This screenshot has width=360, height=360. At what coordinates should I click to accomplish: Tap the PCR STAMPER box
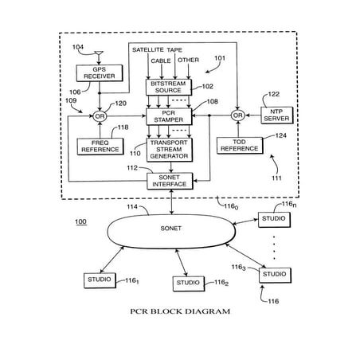pos(166,118)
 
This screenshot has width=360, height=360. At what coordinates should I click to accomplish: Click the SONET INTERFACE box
pos(170,180)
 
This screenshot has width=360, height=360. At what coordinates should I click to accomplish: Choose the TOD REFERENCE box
pos(237,146)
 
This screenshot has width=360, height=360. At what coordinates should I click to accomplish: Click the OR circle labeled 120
pos(100,116)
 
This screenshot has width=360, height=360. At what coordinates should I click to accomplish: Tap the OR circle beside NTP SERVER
pos(237,116)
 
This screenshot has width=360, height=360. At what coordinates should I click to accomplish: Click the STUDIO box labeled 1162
pos(190,283)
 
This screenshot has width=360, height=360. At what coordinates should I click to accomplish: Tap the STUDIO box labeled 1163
pos(273,274)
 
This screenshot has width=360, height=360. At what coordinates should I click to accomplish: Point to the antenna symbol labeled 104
pos(96,56)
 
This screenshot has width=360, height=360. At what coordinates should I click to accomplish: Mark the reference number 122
pos(273,94)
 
